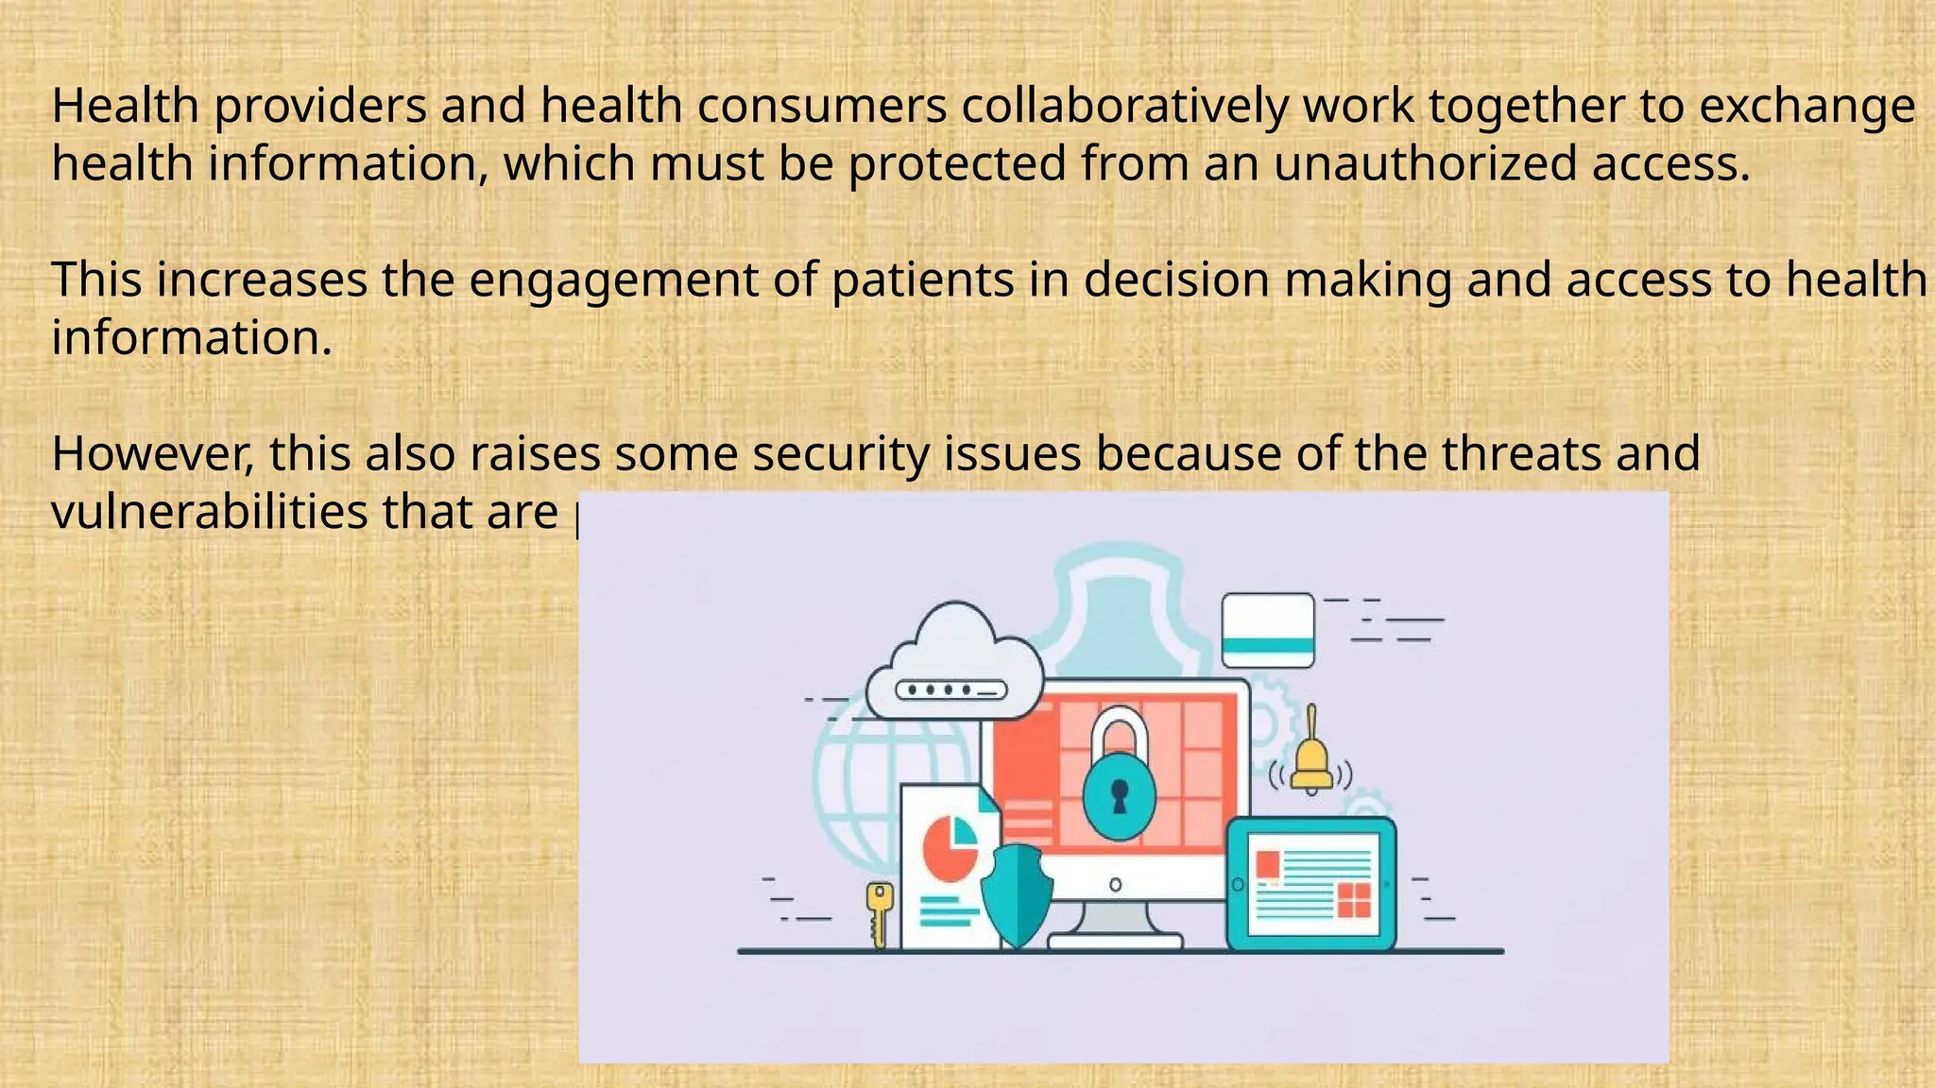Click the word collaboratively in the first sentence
1124,107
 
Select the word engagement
613,281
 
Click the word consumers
822,107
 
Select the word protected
957,163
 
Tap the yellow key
879,910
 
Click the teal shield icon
1017,892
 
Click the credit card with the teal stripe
1268,630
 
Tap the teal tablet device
1311,884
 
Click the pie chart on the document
950,846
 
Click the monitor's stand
1115,922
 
